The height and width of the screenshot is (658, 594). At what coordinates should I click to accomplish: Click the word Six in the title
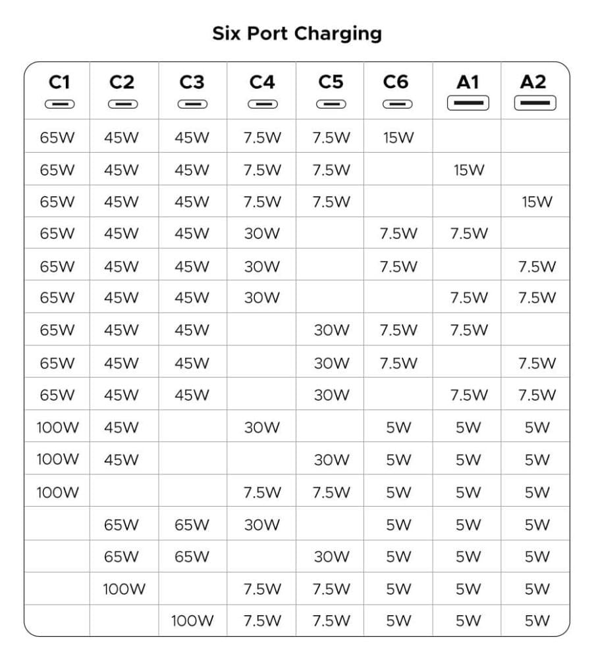[x=225, y=34]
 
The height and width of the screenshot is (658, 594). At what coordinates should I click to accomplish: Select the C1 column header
[x=59, y=82]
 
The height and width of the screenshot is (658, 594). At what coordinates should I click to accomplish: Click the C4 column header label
[x=262, y=82]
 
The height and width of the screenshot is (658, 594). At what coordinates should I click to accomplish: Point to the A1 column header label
[x=468, y=82]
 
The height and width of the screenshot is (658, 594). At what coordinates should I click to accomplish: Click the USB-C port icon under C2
[x=122, y=103]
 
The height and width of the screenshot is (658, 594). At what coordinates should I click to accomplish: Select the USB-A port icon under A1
[x=468, y=103]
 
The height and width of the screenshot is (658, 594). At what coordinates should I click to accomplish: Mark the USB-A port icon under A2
[x=535, y=103]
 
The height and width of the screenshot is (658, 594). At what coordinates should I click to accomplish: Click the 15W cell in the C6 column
[x=398, y=138]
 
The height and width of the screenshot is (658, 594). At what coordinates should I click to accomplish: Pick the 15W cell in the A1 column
[x=468, y=170]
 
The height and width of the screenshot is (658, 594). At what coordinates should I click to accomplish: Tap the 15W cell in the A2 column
[x=537, y=202]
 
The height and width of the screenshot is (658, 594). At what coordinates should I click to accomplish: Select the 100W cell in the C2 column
[x=124, y=589]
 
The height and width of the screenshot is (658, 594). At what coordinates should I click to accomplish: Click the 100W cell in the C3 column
[x=192, y=620]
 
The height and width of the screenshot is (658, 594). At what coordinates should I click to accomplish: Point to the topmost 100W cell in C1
[x=57, y=428]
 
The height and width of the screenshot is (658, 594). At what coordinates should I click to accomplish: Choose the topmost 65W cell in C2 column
[x=122, y=525]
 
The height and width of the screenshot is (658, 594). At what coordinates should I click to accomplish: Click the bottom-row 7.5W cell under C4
[x=262, y=620]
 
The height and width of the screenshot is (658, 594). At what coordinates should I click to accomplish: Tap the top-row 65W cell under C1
[x=57, y=138]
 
